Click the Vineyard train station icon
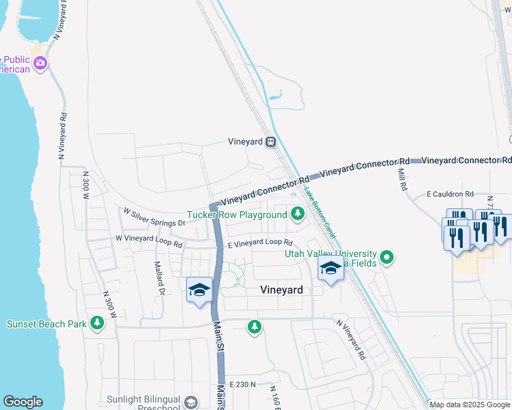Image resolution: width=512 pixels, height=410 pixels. coord(271,142)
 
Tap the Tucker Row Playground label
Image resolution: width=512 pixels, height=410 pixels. coord(237,215)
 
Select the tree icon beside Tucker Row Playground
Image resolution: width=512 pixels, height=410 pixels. coord(297,215)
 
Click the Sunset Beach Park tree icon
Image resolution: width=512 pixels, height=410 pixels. coord(97,323)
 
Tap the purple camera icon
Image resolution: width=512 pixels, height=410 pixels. coord(40,64)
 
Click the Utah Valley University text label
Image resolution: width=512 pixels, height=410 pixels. coord(331,254)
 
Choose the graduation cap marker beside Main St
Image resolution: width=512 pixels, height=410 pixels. coord(199,290)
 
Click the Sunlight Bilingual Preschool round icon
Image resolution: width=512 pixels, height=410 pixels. coord(191,402)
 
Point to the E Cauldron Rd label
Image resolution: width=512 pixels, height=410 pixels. coord(450,195)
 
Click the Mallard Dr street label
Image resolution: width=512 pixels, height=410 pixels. coord(159,277)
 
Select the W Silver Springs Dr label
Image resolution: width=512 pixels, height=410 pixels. coord(154,217)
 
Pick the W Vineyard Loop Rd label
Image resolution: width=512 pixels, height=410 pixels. coord(149,241)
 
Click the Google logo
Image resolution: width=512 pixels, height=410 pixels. coord(23,402)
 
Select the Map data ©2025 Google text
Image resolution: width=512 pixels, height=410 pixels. coord(470,405)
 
